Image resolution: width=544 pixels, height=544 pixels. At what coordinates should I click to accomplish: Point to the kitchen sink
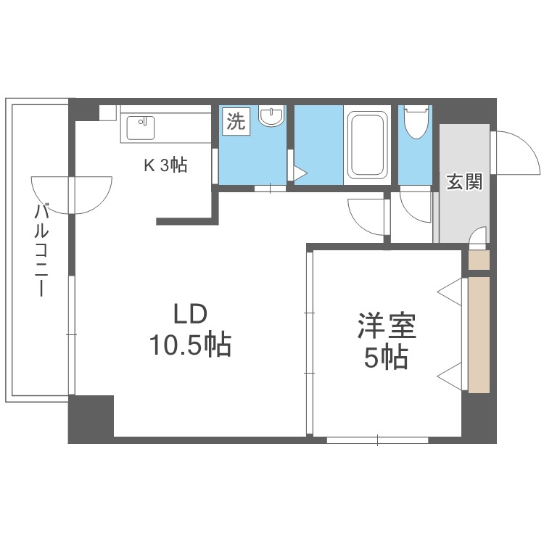point(139,128)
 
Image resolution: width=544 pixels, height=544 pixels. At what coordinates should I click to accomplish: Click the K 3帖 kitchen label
point(165,165)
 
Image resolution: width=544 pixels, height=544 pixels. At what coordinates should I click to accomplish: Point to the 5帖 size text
point(386,358)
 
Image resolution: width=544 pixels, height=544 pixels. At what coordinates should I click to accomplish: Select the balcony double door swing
point(71,194)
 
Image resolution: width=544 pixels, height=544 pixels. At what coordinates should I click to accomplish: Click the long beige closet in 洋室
point(479,334)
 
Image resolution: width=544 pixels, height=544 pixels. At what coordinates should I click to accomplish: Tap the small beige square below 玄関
point(479,260)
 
